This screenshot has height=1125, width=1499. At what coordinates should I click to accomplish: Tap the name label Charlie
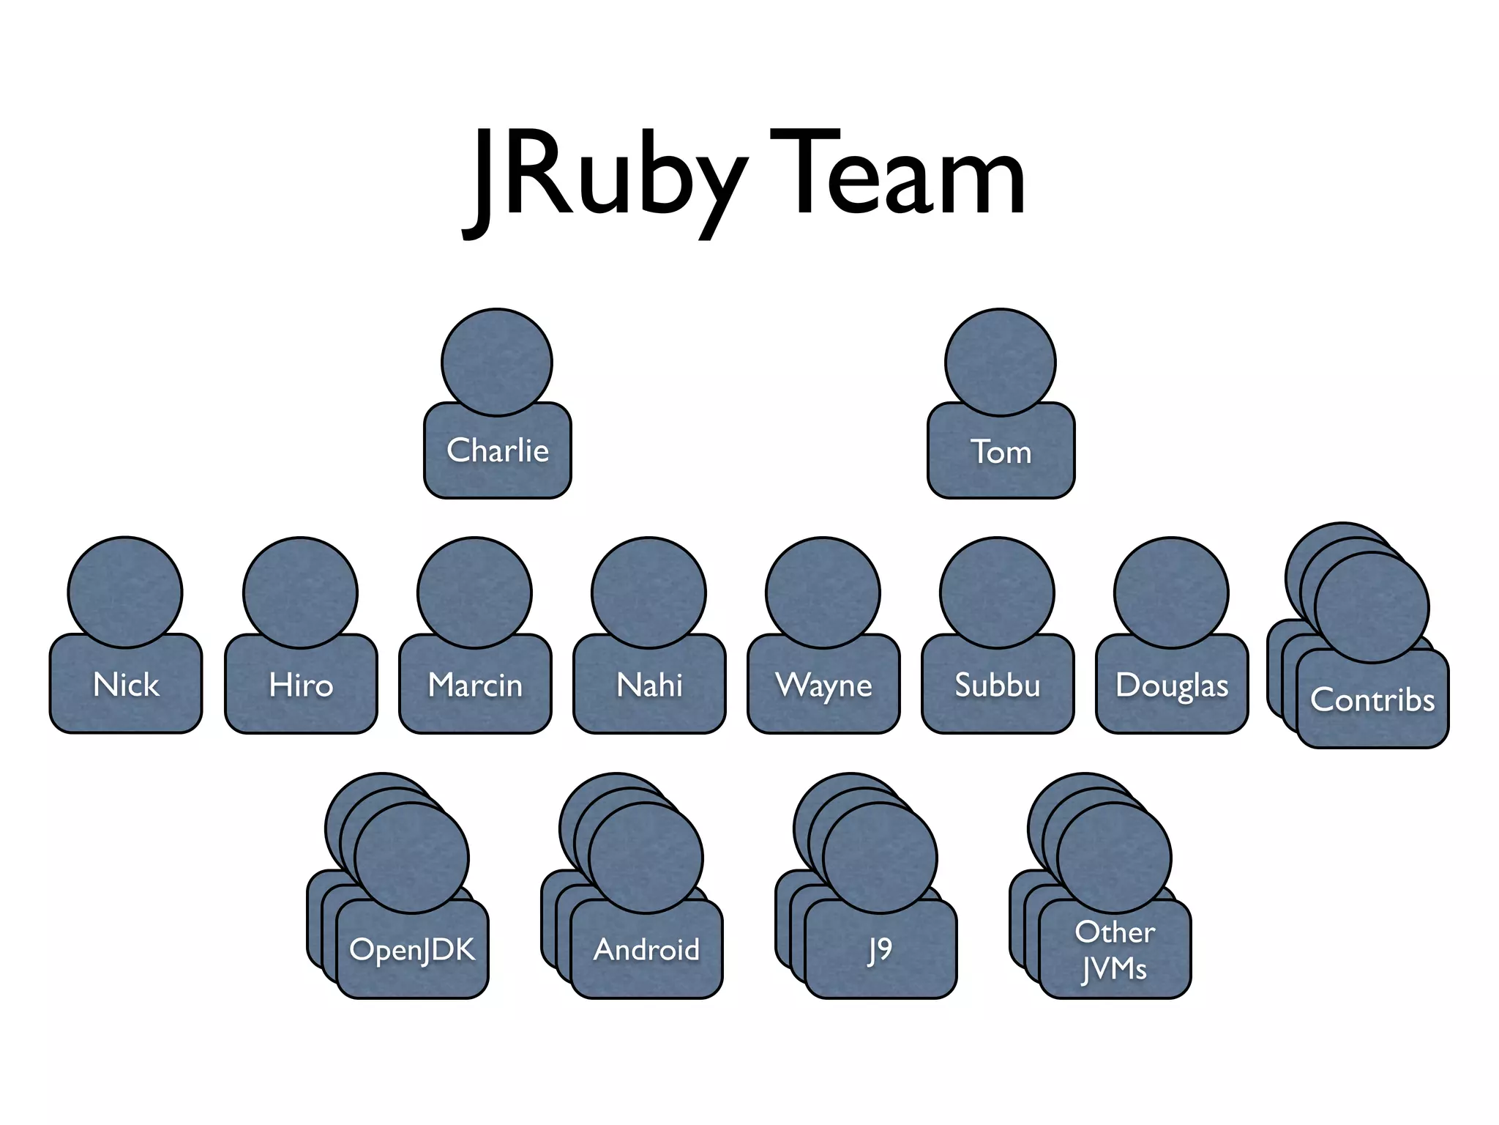pyautogui.click(x=498, y=450)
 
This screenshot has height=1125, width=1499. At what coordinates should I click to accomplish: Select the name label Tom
pyautogui.click(x=1001, y=452)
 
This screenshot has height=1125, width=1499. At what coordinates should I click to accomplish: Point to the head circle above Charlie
pyautogui.click(x=497, y=362)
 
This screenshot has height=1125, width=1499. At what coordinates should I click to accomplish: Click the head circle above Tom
pyautogui.click(x=1001, y=362)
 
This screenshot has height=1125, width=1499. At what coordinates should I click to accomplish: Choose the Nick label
pyautogui.click(x=126, y=685)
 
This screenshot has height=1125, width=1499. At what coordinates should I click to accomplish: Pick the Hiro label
pyautogui.click(x=301, y=686)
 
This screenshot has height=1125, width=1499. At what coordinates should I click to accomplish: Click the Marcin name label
pyautogui.click(x=475, y=686)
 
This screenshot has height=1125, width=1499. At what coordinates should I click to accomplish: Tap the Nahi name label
pyautogui.click(x=649, y=686)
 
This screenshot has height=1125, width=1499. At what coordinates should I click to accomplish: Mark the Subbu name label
pyautogui.click(x=998, y=686)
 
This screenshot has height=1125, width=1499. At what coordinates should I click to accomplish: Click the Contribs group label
pyautogui.click(x=1372, y=700)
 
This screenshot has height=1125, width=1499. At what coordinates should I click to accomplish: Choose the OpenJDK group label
pyautogui.click(x=412, y=950)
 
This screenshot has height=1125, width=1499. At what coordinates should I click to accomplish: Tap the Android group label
pyautogui.click(x=646, y=950)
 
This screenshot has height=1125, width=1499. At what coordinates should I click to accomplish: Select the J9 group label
pyautogui.click(x=880, y=950)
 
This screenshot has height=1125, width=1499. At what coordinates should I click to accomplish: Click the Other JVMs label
pyautogui.click(x=1115, y=950)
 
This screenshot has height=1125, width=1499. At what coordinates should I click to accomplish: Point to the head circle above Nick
pyautogui.click(x=125, y=592)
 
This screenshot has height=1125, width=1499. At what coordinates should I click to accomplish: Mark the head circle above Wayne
pyautogui.click(x=823, y=592)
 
